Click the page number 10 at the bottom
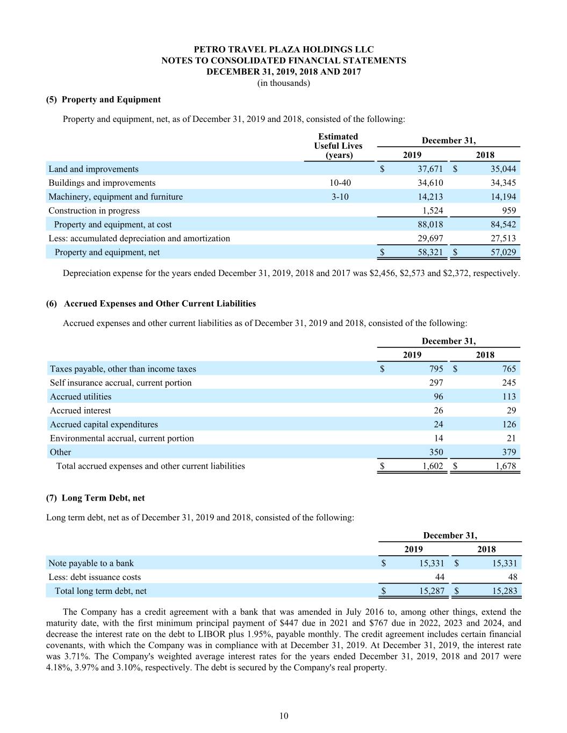[x=284, y=715]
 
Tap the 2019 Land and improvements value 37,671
[x=430, y=169]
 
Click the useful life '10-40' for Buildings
[x=340, y=183]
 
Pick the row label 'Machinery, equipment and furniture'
[x=116, y=197]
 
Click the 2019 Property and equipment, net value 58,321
[x=430, y=252]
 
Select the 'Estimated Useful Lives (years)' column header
[x=339, y=146]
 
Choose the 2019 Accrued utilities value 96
[x=438, y=397]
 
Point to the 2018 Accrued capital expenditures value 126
[x=508, y=425]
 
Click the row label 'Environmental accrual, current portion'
[x=122, y=439]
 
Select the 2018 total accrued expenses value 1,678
[x=505, y=466]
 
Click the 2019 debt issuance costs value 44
[x=439, y=577]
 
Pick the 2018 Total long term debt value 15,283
[x=504, y=591]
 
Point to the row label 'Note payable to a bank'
[x=91, y=563]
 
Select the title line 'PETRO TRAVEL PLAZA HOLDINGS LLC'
[x=284, y=49]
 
